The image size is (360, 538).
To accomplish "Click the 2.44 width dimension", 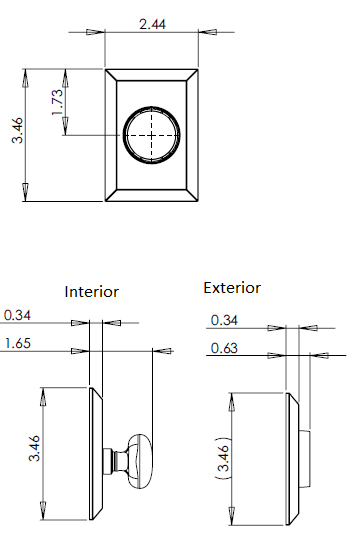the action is tap(152, 24).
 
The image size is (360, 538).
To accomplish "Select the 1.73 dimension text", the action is tap(57, 102).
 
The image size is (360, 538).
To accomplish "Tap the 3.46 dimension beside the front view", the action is tap(17, 130).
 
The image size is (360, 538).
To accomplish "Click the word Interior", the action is tap(92, 292).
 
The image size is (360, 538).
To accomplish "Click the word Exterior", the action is tap(232, 288).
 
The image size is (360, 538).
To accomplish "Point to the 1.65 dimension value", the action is tap(18, 343).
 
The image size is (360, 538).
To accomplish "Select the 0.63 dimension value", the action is tap(224, 348).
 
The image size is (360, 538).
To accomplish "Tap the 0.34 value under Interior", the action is tap(17, 315).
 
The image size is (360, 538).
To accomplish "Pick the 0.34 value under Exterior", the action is tap(224, 320).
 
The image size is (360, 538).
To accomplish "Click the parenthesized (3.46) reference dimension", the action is tap(223, 458).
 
